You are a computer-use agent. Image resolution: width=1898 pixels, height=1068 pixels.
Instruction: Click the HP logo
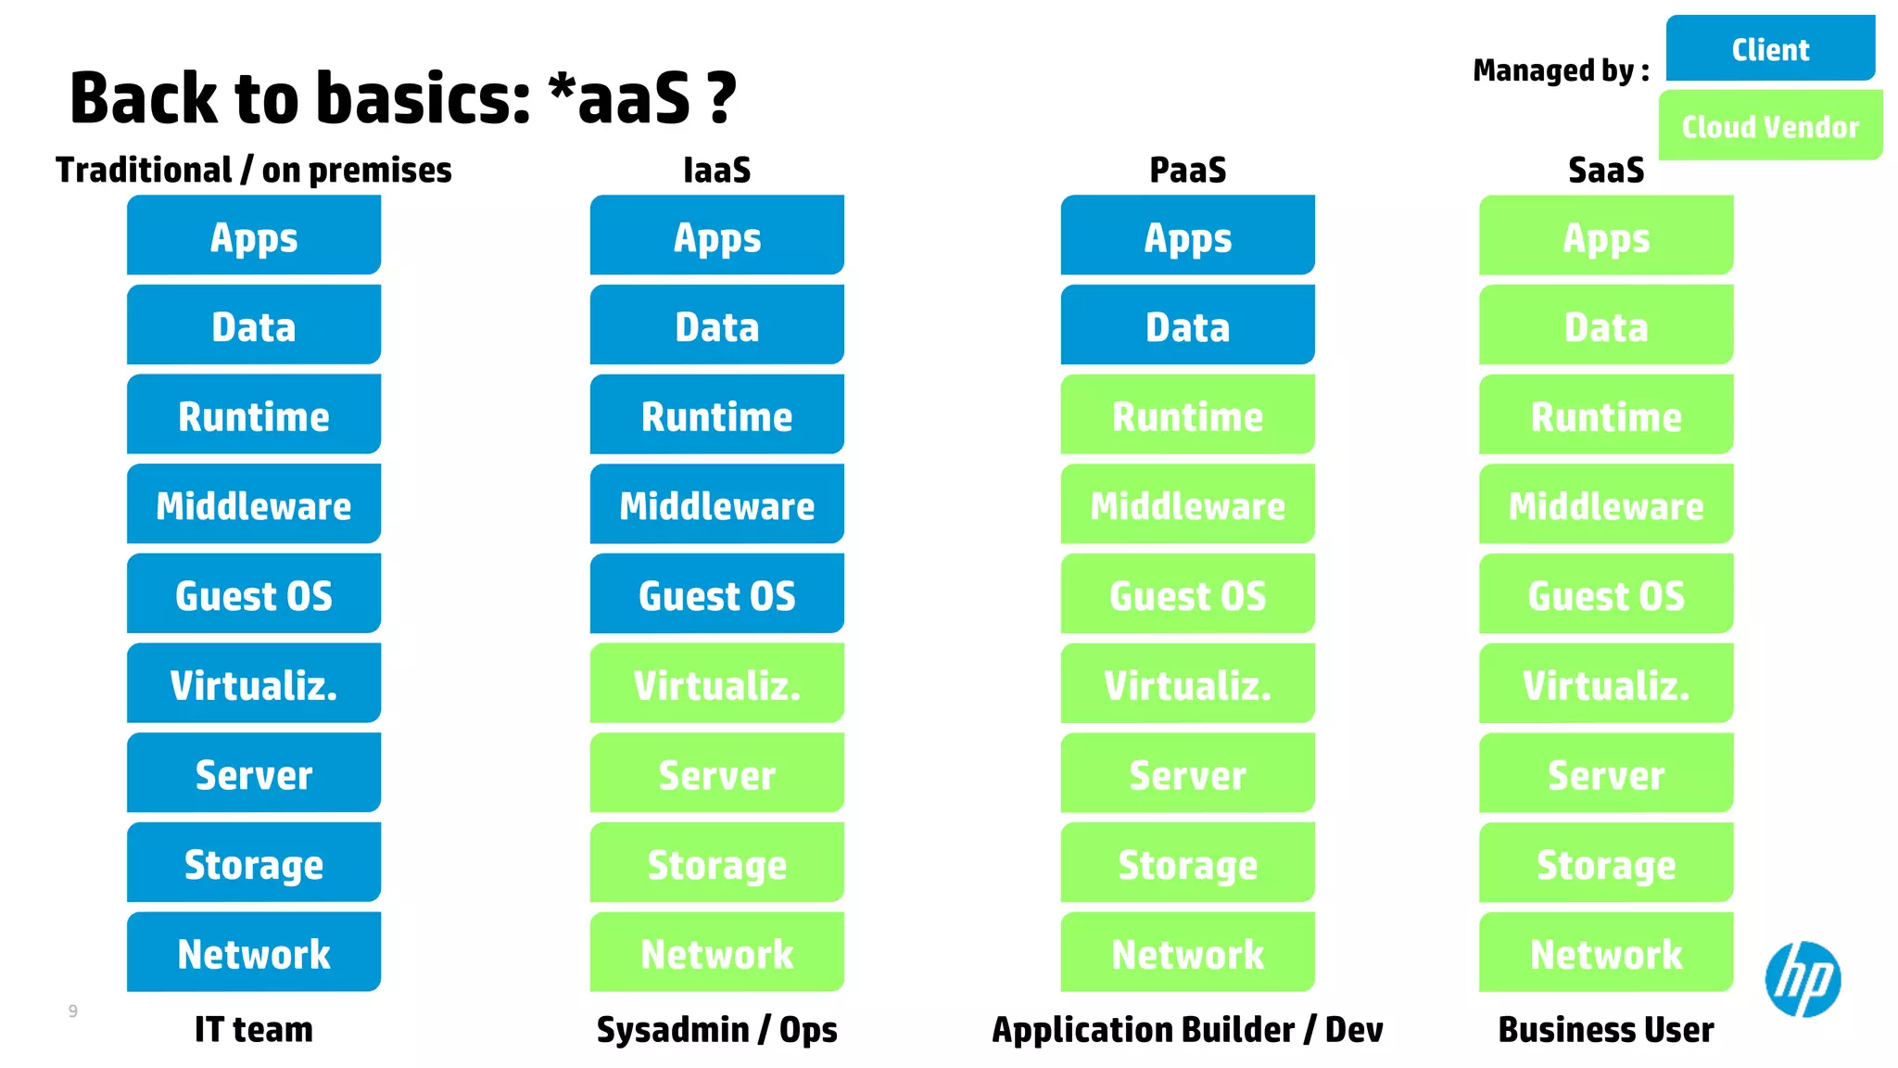pyautogui.click(x=1803, y=979)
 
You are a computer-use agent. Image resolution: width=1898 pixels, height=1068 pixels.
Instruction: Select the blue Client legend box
pyautogui.click(x=1770, y=48)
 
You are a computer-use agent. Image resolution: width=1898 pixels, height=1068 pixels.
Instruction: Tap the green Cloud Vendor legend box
pyautogui.click(x=1770, y=125)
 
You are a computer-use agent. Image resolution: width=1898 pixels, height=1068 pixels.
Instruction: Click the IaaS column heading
pyautogui.click(x=716, y=170)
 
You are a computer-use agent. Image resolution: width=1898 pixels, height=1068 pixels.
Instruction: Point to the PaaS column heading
pyautogui.click(x=1187, y=170)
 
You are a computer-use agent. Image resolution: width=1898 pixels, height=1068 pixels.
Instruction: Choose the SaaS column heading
pyautogui.click(x=1606, y=170)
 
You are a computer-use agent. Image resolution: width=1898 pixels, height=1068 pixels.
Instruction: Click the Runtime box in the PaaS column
pyautogui.click(x=1187, y=415)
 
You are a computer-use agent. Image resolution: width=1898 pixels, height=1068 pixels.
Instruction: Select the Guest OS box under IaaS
pyautogui.click(x=716, y=594)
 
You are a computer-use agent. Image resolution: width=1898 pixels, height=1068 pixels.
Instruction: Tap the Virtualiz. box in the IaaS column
pyautogui.click(x=716, y=684)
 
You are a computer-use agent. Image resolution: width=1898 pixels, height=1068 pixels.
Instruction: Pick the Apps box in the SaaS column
pyautogui.click(x=1606, y=236)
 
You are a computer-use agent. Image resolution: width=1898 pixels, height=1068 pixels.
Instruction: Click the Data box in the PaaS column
pyautogui.click(x=1187, y=325)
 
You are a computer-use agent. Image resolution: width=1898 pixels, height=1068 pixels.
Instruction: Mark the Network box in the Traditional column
pyautogui.click(x=254, y=953)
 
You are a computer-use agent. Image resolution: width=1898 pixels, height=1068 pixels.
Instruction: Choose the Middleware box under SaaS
pyautogui.click(x=1606, y=505)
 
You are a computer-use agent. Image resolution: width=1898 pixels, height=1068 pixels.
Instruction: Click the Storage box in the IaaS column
pyautogui.click(x=716, y=863)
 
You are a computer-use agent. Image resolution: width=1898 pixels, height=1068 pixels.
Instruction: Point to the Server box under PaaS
pyautogui.click(x=1187, y=774)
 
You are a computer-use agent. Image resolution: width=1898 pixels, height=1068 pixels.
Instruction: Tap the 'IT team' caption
pyautogui.click(x=254, y=1029)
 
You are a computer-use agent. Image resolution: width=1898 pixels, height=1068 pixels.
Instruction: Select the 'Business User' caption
pyautogui.click(x=1606, y=1029)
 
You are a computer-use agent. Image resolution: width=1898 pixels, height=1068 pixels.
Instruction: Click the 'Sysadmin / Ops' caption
pyautogui.click(x=716, y=1029)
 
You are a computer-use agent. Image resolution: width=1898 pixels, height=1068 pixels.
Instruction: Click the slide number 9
pyautogui.click(x=73, y=1011)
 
